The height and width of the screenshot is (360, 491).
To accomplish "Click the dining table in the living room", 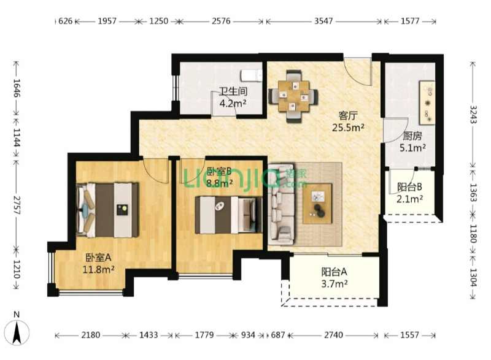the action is click(x=293, y=96).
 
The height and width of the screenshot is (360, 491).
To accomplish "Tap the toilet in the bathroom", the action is click(x=252, y=75).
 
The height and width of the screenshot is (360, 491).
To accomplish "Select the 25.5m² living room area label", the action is click(x=348, y=128).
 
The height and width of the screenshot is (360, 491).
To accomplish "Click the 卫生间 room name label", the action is click(x=233, y=91).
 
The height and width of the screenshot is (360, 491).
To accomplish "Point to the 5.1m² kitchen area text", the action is click(x=412, y=147).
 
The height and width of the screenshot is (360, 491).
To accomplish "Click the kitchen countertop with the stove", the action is click(x=427, y=103).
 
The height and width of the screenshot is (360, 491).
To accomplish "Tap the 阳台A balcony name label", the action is click(x=334, y=272).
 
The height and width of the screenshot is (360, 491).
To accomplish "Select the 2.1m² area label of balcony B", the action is click(x=409, y=199).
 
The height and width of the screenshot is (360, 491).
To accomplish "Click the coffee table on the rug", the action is click(x=317, y=203).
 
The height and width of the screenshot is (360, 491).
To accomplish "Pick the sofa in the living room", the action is click(x=281, y=204).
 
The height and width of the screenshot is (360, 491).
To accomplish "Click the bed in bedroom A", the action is click(x=107, y=210).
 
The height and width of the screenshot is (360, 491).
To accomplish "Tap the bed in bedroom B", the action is click(x=228, y=215).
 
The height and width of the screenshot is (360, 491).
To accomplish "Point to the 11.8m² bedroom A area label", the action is click(x=98, y=269).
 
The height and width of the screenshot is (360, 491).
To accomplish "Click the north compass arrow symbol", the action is click(x=17, y=332).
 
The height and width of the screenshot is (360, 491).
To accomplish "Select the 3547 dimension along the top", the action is click(x=323, y=21).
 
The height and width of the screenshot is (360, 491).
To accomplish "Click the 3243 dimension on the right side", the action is click(x=473, y=115).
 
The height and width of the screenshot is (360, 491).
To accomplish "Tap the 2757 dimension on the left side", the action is click(x=17, y=205).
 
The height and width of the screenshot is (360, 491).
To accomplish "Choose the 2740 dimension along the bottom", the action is click(x=333, y=335).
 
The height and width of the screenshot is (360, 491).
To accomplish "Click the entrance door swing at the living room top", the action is click(x=357, y=72).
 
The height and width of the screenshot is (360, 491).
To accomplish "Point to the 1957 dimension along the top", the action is click(x=107, y=21).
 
